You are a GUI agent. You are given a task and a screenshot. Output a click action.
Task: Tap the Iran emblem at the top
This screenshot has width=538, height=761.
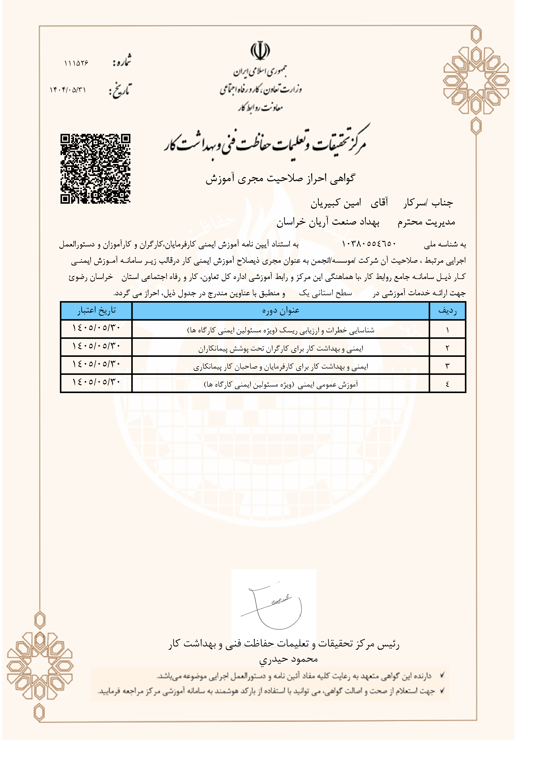pos(260,51)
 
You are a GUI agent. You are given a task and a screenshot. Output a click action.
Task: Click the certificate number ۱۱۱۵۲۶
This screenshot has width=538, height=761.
pos(76,63)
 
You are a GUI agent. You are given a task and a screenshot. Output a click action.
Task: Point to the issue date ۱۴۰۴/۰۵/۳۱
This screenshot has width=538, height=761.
pos(68,90)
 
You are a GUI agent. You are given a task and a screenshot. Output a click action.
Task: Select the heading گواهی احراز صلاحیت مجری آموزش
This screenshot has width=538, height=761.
pos(280,178)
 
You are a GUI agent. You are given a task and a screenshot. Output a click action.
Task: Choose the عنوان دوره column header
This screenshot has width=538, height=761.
pos(280,311)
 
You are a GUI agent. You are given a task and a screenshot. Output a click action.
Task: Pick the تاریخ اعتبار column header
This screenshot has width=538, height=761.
pos(97,311)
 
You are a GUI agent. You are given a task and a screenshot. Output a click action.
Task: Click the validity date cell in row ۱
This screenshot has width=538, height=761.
pos(97,328)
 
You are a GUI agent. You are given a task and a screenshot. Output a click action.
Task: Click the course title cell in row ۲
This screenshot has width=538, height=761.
pos(280,348)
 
